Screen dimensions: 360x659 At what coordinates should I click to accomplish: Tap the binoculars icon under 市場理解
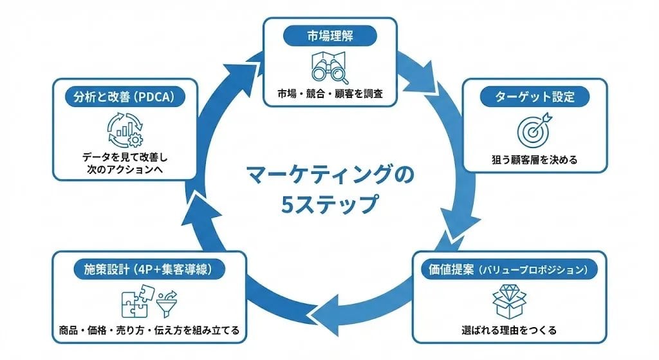[329, 66]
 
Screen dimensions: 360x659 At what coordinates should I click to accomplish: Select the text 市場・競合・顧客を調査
[329, 94]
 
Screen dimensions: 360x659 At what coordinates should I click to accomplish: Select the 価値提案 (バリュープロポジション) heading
[509, 269]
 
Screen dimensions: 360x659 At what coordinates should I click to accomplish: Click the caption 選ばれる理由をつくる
[509, 331]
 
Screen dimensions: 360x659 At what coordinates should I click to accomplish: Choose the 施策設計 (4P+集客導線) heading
[149, 269]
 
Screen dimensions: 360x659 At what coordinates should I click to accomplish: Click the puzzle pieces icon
[134, 300]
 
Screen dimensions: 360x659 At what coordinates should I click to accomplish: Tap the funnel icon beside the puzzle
[166, 300]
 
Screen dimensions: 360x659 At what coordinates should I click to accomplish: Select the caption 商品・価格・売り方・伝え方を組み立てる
[149, 331]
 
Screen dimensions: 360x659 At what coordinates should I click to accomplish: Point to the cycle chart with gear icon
[125, 129]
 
